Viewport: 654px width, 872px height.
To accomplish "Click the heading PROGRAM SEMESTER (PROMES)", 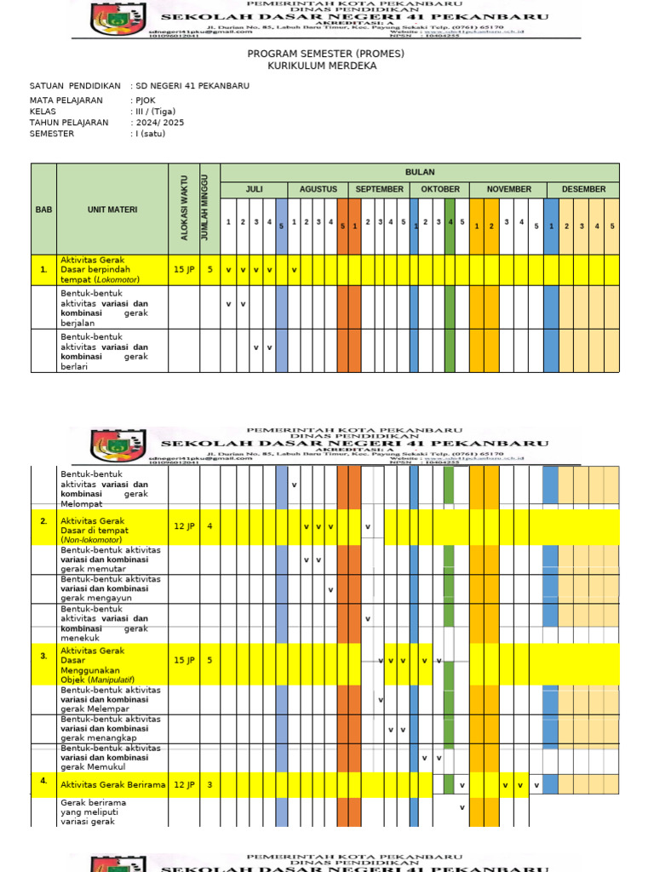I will (325, 54).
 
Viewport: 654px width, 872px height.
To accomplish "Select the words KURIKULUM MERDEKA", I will (322, 66).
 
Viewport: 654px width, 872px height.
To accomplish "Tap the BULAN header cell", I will (419, 172).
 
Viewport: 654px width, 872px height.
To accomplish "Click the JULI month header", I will (254, 189).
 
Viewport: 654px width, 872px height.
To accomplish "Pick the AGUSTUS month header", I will (318, 189).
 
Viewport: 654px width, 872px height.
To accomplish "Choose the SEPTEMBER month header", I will (380, 189).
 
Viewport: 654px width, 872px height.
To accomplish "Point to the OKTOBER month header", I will (439, 189).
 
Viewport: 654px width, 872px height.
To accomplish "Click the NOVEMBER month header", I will (508, 189).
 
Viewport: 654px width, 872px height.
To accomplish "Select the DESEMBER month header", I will (583, 189).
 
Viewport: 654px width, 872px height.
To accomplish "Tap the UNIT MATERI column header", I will (112, 209).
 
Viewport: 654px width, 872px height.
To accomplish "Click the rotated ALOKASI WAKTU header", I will (184, 209).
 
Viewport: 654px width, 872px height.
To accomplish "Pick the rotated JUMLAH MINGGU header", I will (205, 209).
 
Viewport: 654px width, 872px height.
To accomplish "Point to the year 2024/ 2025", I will (159, 123).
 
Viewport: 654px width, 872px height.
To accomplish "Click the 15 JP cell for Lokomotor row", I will (184, 269).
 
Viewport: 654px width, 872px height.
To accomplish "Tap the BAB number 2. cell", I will (43, 520).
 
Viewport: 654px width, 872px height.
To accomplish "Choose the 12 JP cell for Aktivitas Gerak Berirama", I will (184, 784).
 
